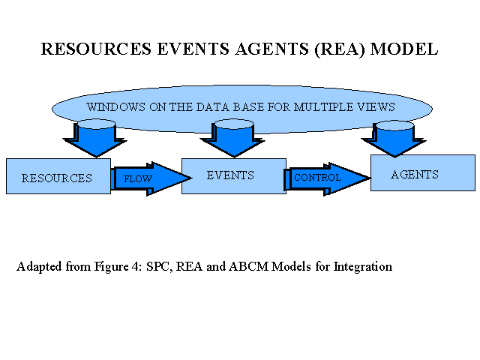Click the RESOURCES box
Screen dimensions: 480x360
(58, 176)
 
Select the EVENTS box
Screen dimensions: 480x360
(234, 176)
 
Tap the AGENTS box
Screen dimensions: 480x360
(423, 173)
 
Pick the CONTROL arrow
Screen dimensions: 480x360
(328, 178)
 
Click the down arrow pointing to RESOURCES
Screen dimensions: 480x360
(95, 138)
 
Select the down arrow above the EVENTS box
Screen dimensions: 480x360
(233, 138)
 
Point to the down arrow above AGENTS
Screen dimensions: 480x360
(394, 139)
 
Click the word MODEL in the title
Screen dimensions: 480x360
(404, 49)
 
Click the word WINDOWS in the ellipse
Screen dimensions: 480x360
(115, 107)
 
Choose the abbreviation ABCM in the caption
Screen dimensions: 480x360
(248, 266)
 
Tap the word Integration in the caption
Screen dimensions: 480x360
(362, 267)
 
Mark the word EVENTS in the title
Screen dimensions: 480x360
(193, 49)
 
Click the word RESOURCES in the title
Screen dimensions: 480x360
(96, 49)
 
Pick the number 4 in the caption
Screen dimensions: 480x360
(135, 267)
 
